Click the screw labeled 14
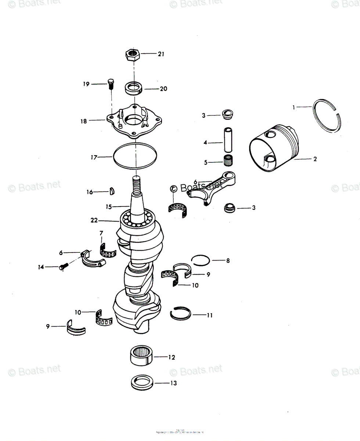coord(63,266)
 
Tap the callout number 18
coord(84,121)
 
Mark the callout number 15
coord(108,207)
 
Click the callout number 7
coord(101,233)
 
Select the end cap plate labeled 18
coord(134,121)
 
